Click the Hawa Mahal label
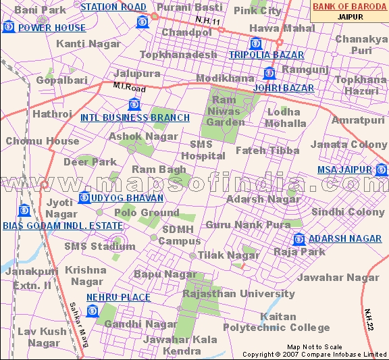[x=273, y=28]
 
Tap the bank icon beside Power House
[x=9, y=27]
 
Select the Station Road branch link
[x=113, y=7]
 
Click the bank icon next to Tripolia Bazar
[x=255, y=44]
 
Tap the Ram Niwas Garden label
[x=225, y=111]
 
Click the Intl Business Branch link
[x=135, y=118]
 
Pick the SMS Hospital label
[x=207, y=150]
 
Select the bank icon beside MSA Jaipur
[x=382, y=170]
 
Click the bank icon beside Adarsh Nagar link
[x=299, y=239]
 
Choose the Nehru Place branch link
[x=118, y=297]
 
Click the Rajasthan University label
[x=238, y=294]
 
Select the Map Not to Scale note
[x=315, y=346]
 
